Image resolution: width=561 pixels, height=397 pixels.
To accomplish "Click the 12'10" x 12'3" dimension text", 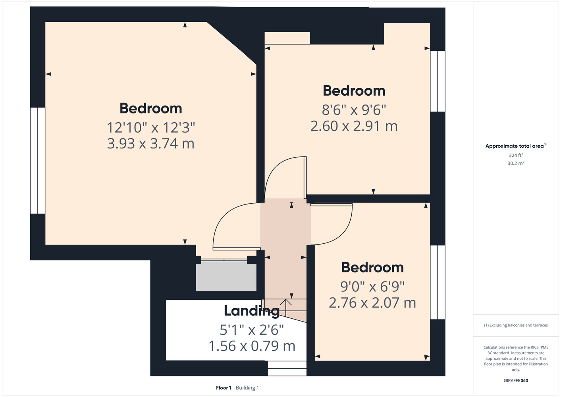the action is tap(151, 127).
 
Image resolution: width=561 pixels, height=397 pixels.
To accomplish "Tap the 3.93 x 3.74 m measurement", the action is tap(151, 144).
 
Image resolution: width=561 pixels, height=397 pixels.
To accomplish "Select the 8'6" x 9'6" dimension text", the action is tap(354, 110).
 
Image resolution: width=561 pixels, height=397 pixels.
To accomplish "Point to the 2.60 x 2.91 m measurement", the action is tap(354, 126).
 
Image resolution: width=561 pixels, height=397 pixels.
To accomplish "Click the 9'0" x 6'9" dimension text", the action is tap(372, 287).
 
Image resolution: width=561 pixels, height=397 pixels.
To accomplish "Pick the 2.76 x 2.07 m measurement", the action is tap(372, 303).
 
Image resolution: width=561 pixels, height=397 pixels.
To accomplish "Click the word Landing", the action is tap(252, 311).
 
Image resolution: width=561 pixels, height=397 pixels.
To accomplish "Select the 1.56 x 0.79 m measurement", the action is tap(252, 346).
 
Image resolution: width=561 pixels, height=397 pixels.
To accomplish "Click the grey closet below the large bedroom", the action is tap(226, 276).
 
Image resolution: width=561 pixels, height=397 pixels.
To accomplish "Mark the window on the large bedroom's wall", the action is tap(38, 160).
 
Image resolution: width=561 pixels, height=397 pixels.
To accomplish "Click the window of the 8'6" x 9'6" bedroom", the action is tap(438, 81).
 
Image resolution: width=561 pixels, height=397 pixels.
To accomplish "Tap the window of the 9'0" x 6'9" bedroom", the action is tap(438, 282).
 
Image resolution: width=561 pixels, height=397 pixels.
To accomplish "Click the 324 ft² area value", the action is tap(516, 155).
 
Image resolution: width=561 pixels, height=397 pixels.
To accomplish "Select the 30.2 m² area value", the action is tap(516, 163).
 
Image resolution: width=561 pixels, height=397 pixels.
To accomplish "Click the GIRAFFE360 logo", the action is tap(516, 380).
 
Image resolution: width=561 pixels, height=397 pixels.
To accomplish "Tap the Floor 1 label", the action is tap(224, 388).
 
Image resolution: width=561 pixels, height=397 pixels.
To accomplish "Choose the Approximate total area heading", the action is tap(516, 146).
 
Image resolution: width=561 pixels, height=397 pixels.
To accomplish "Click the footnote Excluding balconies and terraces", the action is tap(516, 325).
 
